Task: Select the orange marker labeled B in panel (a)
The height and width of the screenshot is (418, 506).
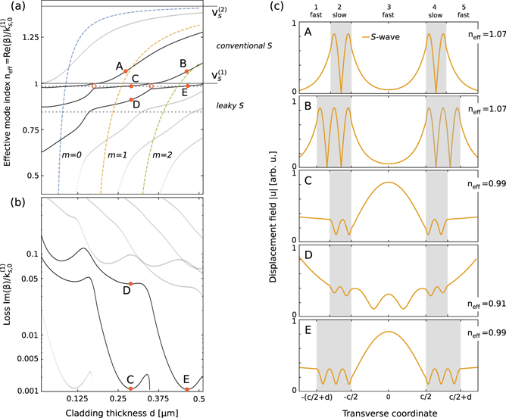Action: (186, 72)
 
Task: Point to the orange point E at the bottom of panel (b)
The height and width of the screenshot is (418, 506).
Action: (186, 390)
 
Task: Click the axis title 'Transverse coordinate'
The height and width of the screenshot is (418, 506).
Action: (388, 411)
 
